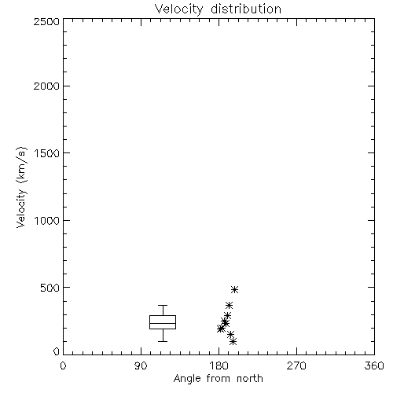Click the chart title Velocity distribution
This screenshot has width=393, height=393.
point(218,9)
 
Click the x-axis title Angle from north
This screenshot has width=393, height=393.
point(218,378)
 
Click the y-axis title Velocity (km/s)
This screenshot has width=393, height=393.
point(21,187)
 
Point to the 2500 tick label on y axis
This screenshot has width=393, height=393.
point(46,21)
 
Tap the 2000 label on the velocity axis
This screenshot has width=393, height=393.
point(46,86)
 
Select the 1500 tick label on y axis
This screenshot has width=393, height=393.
point(47,153)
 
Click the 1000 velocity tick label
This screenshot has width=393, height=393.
point(47,220)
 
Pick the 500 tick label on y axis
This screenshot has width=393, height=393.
point(50,288)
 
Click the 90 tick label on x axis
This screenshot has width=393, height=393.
point(141,365)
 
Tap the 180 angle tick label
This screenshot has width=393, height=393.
point(219,365)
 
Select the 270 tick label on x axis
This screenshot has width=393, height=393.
point(296,365)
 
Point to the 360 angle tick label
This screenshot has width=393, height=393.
point(374,365)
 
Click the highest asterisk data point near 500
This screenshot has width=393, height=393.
point(234,289)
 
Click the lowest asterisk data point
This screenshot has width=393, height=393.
point(233,341)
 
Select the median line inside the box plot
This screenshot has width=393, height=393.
point(163,323)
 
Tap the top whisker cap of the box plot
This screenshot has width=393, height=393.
point(163,305)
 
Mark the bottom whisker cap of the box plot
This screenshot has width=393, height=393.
point(163,341)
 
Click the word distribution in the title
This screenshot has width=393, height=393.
point(246,9)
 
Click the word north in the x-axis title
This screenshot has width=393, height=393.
point(250,378)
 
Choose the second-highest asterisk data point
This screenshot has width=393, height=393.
point(230,305)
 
